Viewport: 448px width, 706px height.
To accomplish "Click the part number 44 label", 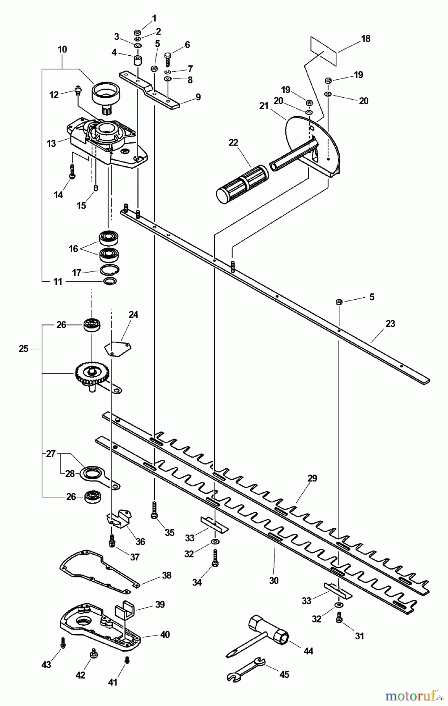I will (x=308, y=651).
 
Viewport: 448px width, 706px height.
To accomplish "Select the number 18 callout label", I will (x=366, y=39).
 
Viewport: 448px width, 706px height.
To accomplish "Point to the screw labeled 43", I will (x=63, y=642).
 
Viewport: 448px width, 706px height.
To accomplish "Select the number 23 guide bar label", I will (x=390, y=324).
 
